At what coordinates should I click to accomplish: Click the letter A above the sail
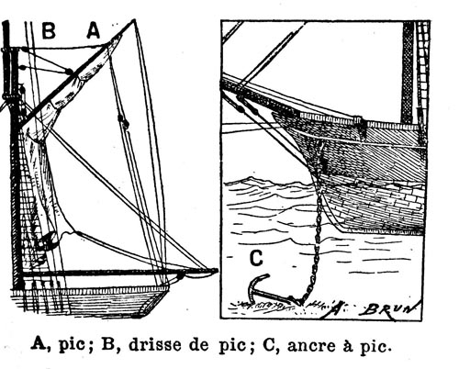click(94, 31)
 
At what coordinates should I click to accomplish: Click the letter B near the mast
click(49, 31)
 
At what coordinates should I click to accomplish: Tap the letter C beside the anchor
click(256, 258)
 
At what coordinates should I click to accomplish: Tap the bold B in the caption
click(107, 344)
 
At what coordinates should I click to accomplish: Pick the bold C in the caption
click(269, 345)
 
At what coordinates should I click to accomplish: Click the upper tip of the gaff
click(133, 21)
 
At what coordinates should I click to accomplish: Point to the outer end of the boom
click(216, 271)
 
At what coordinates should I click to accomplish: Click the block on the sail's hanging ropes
click(123, 121)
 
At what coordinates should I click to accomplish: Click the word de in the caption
click(199, 345)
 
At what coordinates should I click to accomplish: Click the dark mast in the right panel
click(409, 73)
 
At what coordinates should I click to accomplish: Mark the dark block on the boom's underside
click(181, 276)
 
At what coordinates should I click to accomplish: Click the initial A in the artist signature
click(336, 309)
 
